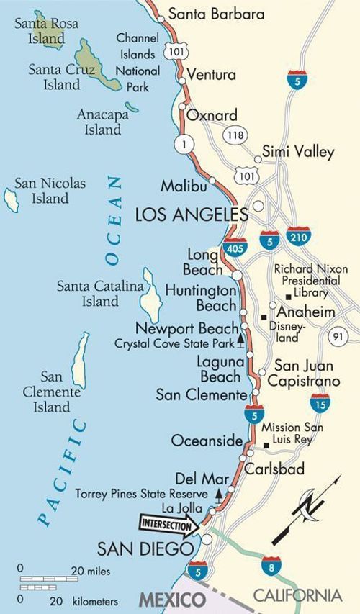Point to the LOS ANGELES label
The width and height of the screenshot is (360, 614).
[191, 214]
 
